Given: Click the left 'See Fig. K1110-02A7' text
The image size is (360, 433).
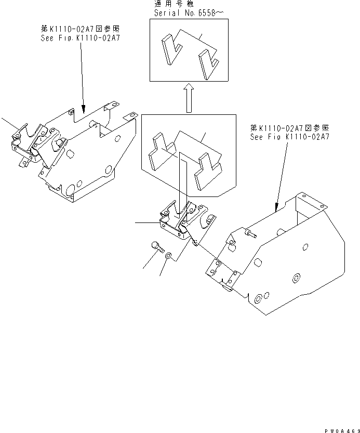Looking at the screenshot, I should pyautogui.click(x=80, y=38).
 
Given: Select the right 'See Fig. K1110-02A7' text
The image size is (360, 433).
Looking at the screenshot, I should pyautogui.click(x=289, y=137).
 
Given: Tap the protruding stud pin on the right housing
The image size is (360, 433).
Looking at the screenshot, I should pyautogui.click(x=250, y=235).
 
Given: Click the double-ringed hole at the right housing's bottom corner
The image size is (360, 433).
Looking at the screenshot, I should pyautogui.click(x=258, y=299).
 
